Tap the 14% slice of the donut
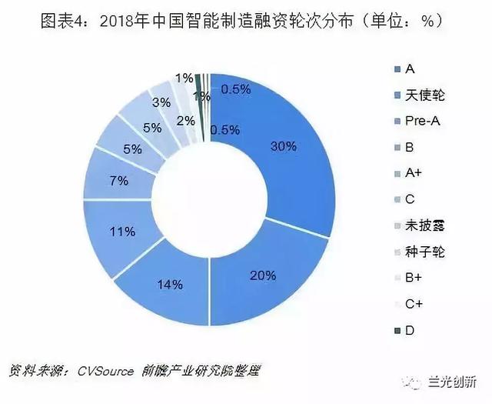(x=171, y=285)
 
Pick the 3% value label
(x=161, y=102)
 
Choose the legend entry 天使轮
(x=426, y=95)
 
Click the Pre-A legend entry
(x=422, y=122)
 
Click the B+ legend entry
(x=415, y=279)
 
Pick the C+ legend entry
(x=415, y=305)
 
